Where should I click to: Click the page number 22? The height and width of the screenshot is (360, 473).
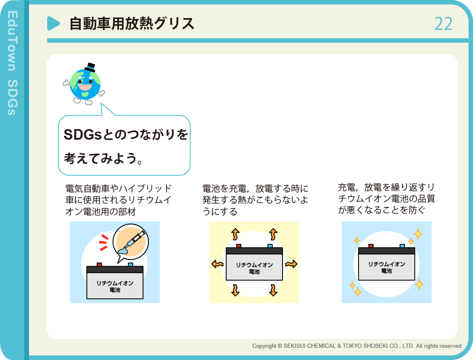tap(444, 24)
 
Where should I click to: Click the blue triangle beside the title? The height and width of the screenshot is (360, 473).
tap(53, 23)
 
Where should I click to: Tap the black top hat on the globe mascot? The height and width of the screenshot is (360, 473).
tap(90, 67)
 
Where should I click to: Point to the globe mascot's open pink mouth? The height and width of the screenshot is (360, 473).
tap(85, 87)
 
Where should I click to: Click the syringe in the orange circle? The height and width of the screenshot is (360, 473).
tap(132, 242)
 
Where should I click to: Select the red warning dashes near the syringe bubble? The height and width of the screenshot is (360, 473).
tap(103, 242)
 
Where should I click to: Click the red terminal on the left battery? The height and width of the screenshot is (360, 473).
tap(99, 265)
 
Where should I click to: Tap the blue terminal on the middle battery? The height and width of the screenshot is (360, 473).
tap(270, 246)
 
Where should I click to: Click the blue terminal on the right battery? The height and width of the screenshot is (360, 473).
tap(402, 246)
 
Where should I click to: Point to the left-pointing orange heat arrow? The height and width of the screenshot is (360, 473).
tap(217, 264)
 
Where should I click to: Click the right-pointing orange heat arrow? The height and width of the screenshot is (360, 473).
tap(291, 264)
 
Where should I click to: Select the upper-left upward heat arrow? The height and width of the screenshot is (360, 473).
tap(235, 234)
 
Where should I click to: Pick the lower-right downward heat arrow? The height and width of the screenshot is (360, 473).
tap(273, 290)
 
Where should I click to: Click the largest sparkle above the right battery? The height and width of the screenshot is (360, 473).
tap(418, 234)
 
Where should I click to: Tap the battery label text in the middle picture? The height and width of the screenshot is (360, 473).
tap(254, 268)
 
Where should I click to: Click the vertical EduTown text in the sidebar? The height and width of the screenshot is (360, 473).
tap(13, 41)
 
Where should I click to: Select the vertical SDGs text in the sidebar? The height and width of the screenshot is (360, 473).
tap(13, 98)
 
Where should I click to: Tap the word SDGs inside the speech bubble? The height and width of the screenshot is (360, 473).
tap(82, 135)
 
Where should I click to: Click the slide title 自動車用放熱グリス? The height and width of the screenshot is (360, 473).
tap(132, 24)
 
